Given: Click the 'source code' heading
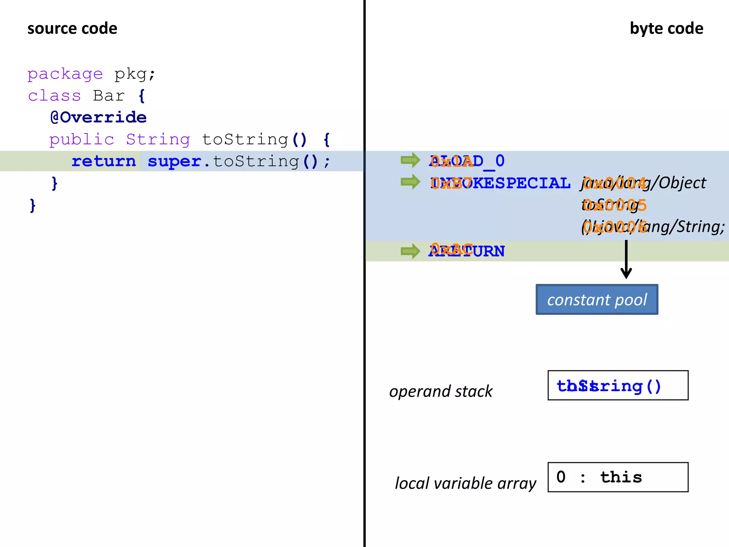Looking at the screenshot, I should tap(72, 28).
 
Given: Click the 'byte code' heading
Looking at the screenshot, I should tap(666, 28).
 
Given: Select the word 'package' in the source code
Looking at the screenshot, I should tap(65, 74).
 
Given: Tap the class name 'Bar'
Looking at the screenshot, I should tap(109, 96).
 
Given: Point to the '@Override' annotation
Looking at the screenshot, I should tap(99, 118).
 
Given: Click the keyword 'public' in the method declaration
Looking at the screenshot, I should tap(82, 139).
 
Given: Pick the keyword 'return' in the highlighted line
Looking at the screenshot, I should tap(104, 161).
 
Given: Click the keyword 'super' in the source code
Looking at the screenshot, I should tap(174, 161).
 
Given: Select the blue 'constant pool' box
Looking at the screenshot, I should tap(597, 299).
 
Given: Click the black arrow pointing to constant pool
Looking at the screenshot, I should tap(626, 260).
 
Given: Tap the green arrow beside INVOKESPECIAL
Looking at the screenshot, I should tap(410, 182).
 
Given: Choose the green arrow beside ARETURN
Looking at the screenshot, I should tap(410, 251).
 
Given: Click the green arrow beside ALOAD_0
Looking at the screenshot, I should tap(410, 160).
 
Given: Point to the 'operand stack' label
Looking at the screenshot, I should tap(441, 391).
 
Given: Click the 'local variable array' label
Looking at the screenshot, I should tap(465, 483).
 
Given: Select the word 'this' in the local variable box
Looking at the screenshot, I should tap(621, 477).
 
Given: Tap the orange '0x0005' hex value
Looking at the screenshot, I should tap(615, 205).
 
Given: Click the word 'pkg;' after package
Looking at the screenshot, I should tap(135, 74).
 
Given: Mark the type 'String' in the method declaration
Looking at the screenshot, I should tap(158, 139).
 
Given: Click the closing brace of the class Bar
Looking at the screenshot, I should tap(33, 205).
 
